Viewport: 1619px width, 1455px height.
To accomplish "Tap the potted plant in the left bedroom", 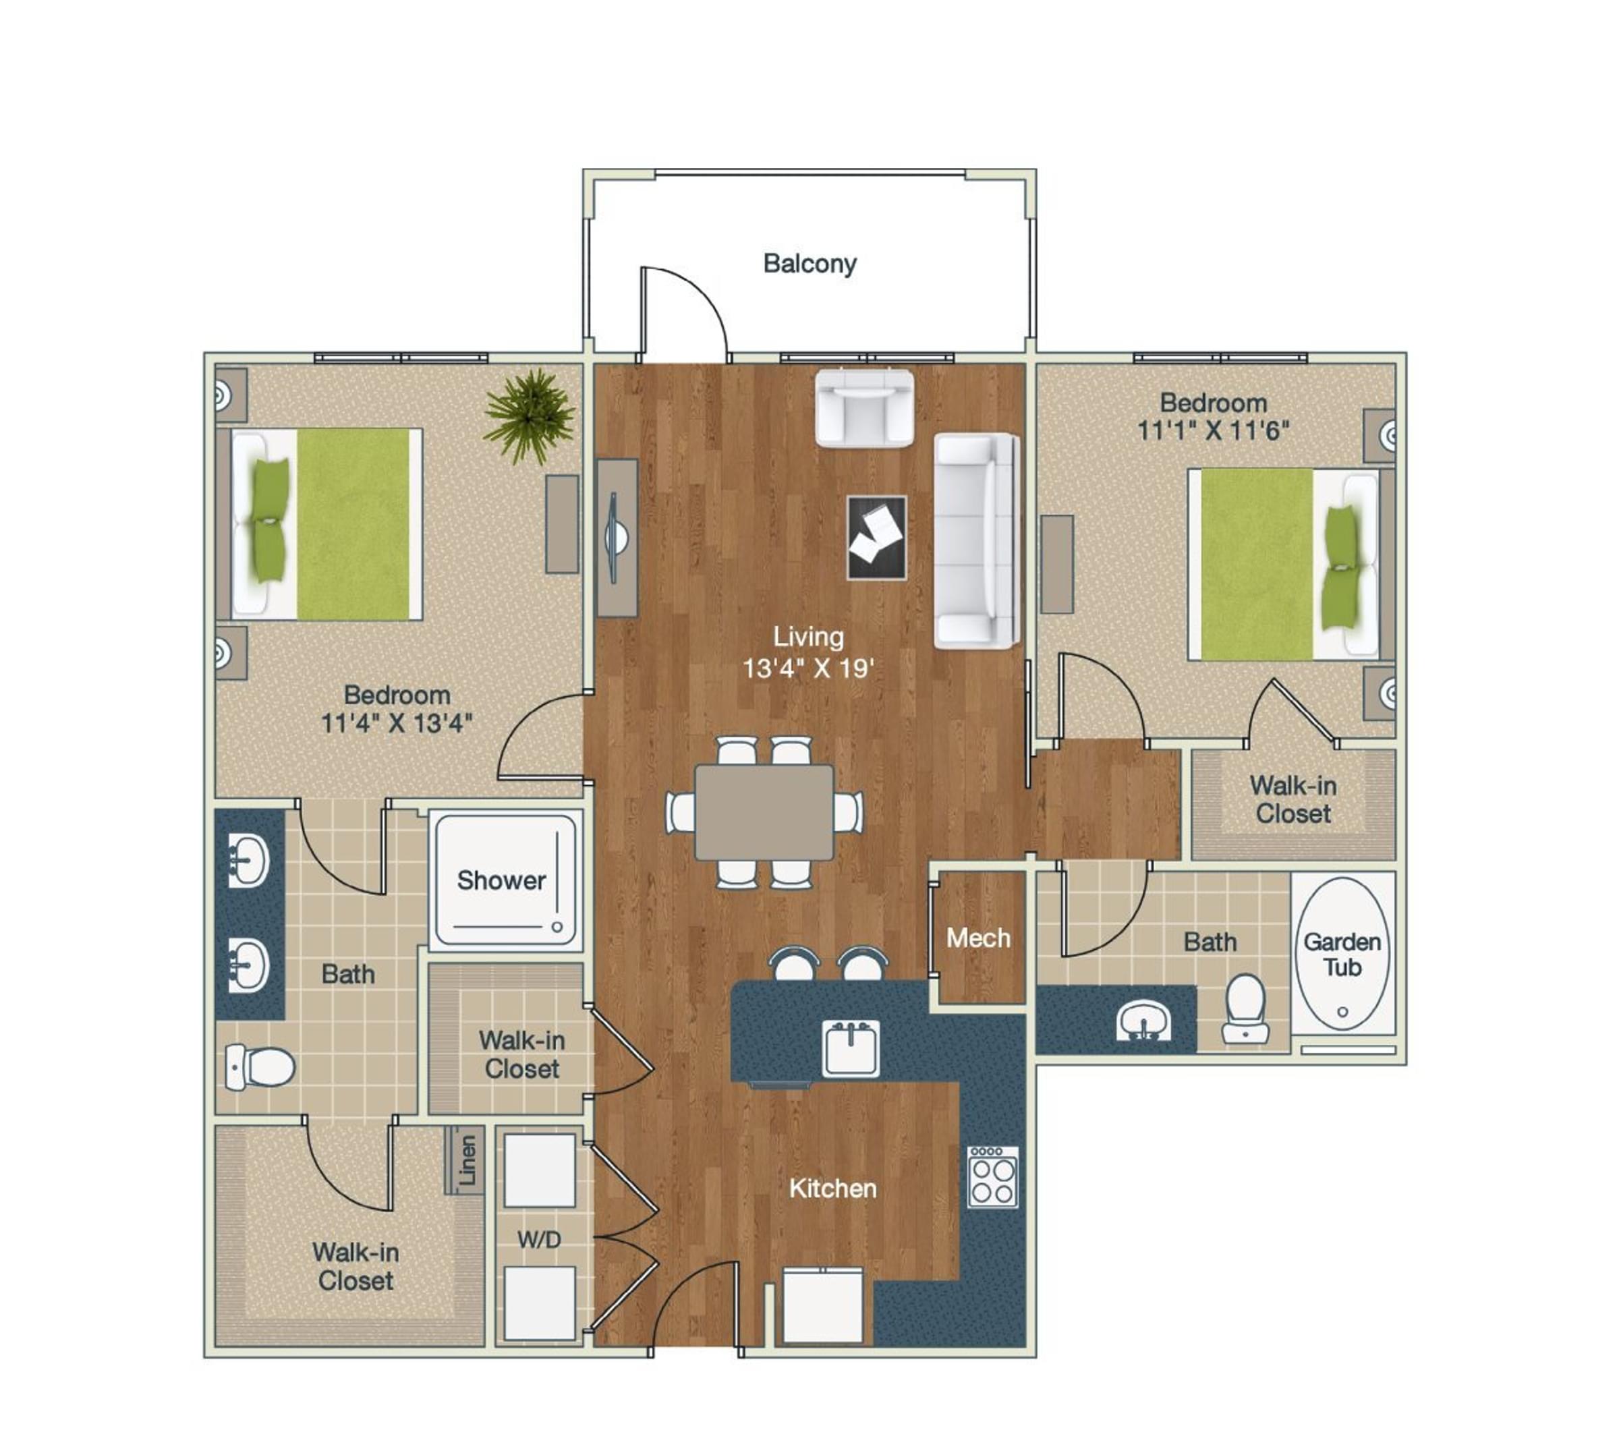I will [530, 415].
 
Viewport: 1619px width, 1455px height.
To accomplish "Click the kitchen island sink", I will [851, 1048].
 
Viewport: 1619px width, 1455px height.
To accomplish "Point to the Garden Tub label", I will [1342, 954].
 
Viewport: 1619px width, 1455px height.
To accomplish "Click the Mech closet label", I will [977, 938].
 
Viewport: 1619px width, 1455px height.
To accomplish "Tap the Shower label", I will [501, 880].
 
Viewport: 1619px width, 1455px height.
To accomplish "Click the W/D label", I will [539, 1240].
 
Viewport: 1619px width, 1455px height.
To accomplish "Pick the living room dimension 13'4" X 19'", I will [808, 668].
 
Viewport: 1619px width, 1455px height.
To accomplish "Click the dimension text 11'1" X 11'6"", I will [1213, 431].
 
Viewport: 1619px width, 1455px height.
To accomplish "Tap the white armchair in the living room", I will [863, 407].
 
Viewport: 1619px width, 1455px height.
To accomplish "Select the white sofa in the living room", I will [975, 541].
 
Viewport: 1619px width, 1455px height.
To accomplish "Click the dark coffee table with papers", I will [876, 537].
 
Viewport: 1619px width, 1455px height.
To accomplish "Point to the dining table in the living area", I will [764, 812].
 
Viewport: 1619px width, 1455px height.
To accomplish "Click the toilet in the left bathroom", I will [259, 1066].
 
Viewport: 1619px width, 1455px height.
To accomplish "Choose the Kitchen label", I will [832, 1189].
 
